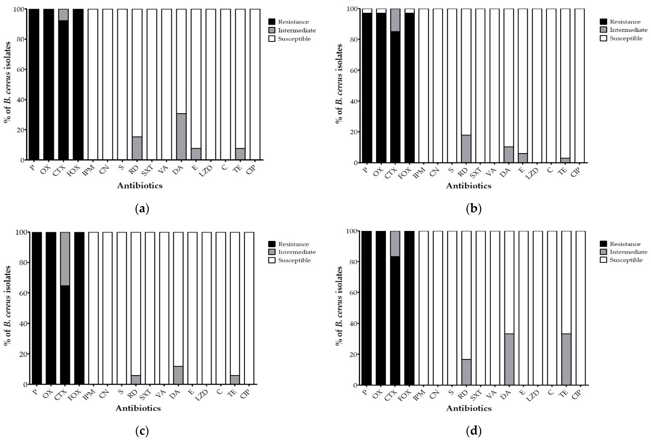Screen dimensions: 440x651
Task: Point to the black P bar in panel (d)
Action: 366,308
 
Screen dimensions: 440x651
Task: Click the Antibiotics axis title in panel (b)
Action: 469,186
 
